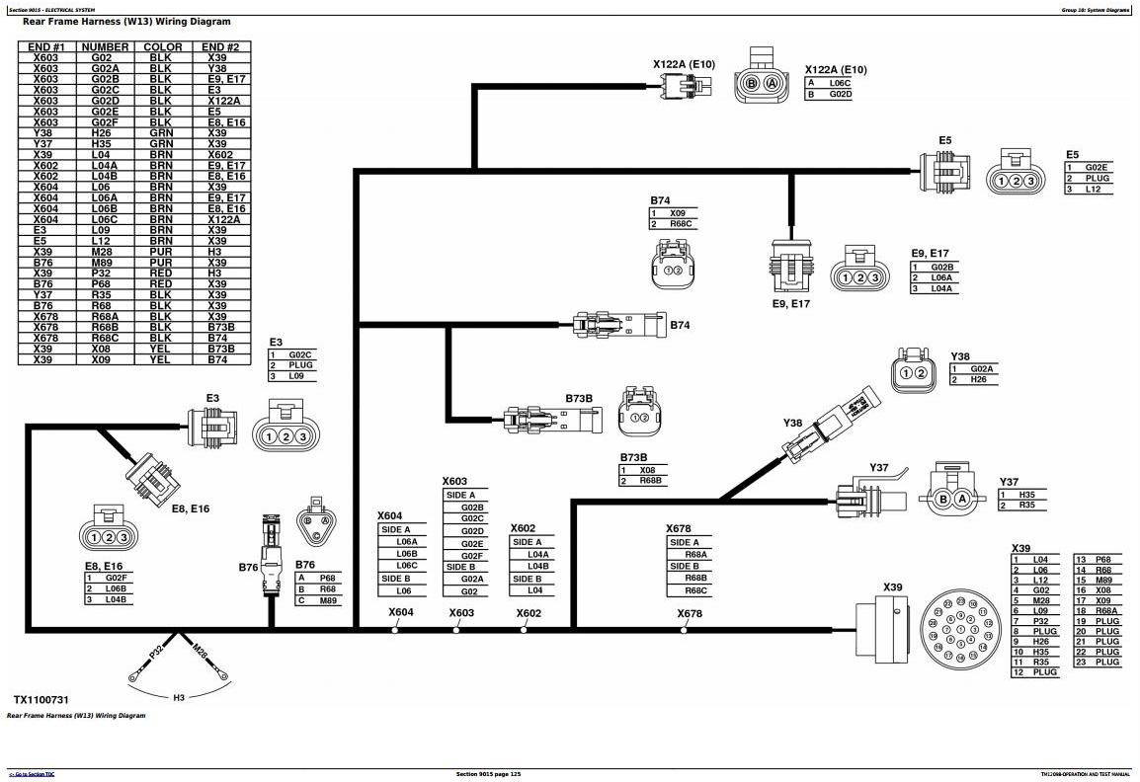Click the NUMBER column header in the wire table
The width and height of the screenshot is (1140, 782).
105,46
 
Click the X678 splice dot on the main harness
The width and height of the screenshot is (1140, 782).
684,629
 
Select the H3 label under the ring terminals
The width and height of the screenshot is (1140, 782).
179,698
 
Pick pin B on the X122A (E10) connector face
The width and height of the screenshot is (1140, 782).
752,84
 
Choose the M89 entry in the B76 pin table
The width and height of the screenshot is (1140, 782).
327,601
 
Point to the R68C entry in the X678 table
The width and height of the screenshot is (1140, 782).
695,590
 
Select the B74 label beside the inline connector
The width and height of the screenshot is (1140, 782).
680,324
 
